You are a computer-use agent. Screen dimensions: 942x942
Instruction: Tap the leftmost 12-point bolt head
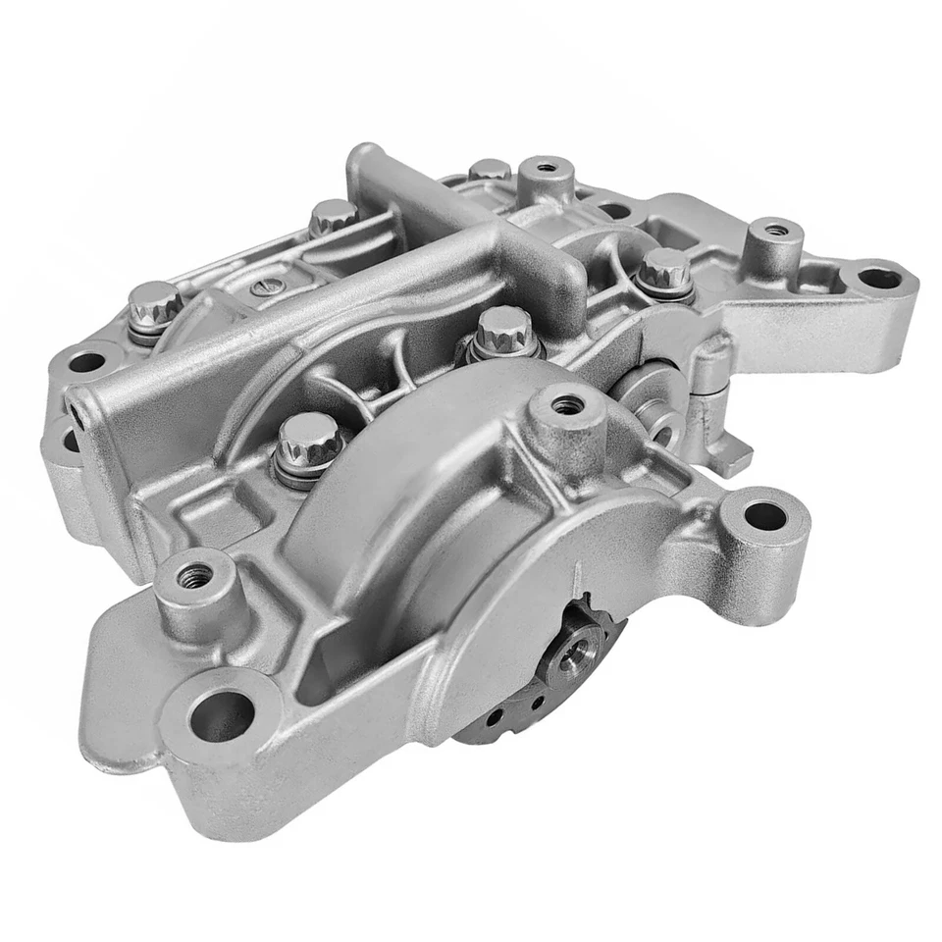click(154, 301)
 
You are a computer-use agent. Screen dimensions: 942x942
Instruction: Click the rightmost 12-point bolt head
click(665, 268)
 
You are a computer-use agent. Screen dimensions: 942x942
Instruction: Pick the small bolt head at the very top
click(490, 170)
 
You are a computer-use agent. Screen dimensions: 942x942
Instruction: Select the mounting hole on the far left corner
click(86, 361)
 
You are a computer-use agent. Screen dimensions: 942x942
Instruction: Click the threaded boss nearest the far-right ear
click(775, 232)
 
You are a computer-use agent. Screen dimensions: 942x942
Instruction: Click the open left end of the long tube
click(77, 412)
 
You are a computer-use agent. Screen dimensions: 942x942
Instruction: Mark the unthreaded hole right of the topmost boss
click(614, 210)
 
